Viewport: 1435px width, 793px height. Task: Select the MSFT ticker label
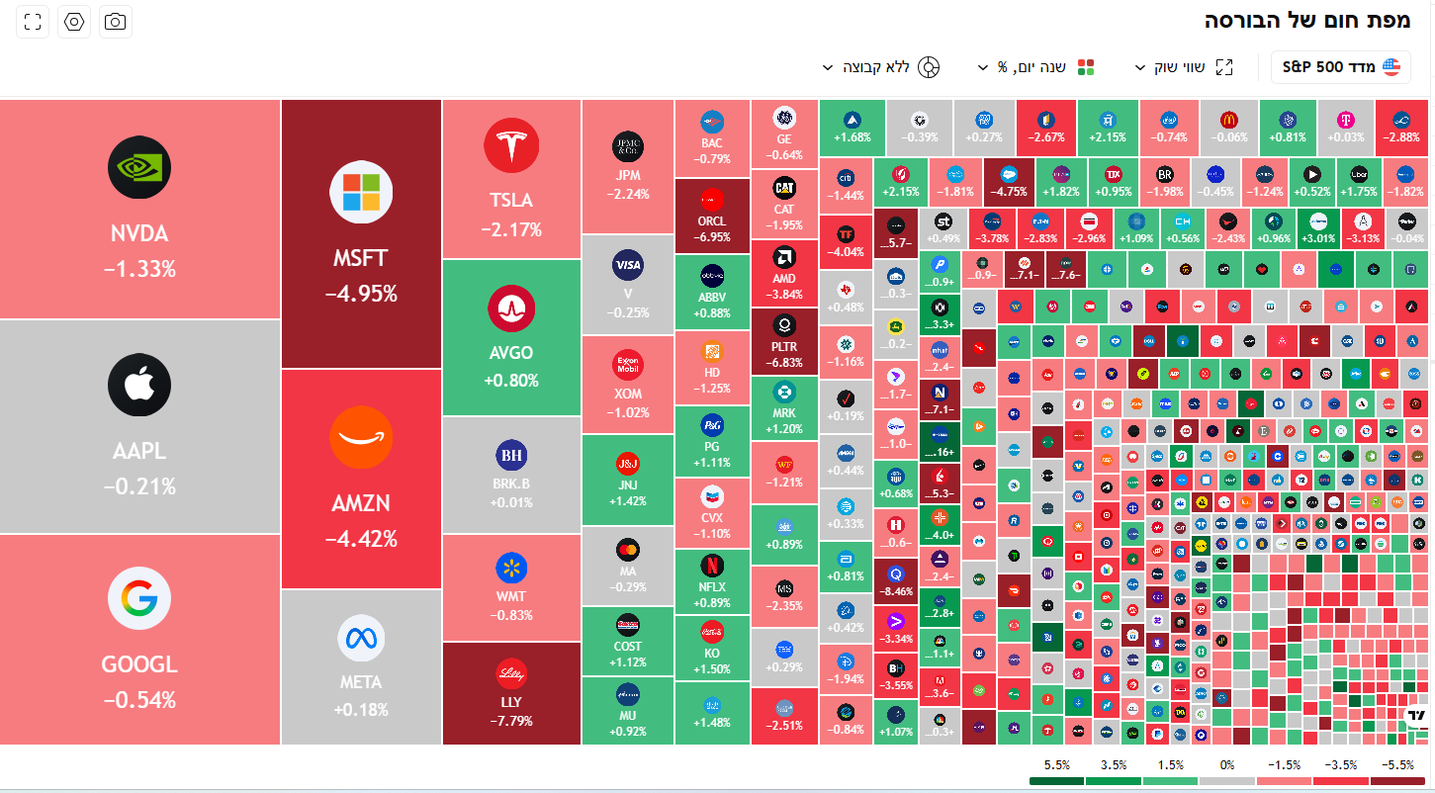coord(361,258)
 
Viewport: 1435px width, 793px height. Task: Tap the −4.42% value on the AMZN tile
coord(361,539)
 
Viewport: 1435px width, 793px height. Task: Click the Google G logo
coord(139,598)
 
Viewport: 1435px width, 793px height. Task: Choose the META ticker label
coord(361,682)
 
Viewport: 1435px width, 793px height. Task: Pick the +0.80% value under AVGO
coord(511,380)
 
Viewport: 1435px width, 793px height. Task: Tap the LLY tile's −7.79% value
coord(511,721)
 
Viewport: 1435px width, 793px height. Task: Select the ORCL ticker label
coord(711,221)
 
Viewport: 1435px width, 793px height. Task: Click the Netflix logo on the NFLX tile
coord(711,565)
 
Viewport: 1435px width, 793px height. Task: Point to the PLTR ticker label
coord(784,347)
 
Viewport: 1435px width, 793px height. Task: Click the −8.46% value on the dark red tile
coord(895,592)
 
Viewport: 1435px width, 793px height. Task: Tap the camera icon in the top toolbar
coord(116,22)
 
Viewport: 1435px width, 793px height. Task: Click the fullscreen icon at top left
coord(33,22)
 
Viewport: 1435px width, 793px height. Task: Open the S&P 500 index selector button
coord(1341,67)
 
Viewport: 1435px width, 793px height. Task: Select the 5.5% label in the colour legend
coord(1057,765)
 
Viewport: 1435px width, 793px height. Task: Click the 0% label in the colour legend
coord(1226,765)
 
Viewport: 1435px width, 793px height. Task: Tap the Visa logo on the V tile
coord(628,264)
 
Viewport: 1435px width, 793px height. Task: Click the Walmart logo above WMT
coord(511,569)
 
